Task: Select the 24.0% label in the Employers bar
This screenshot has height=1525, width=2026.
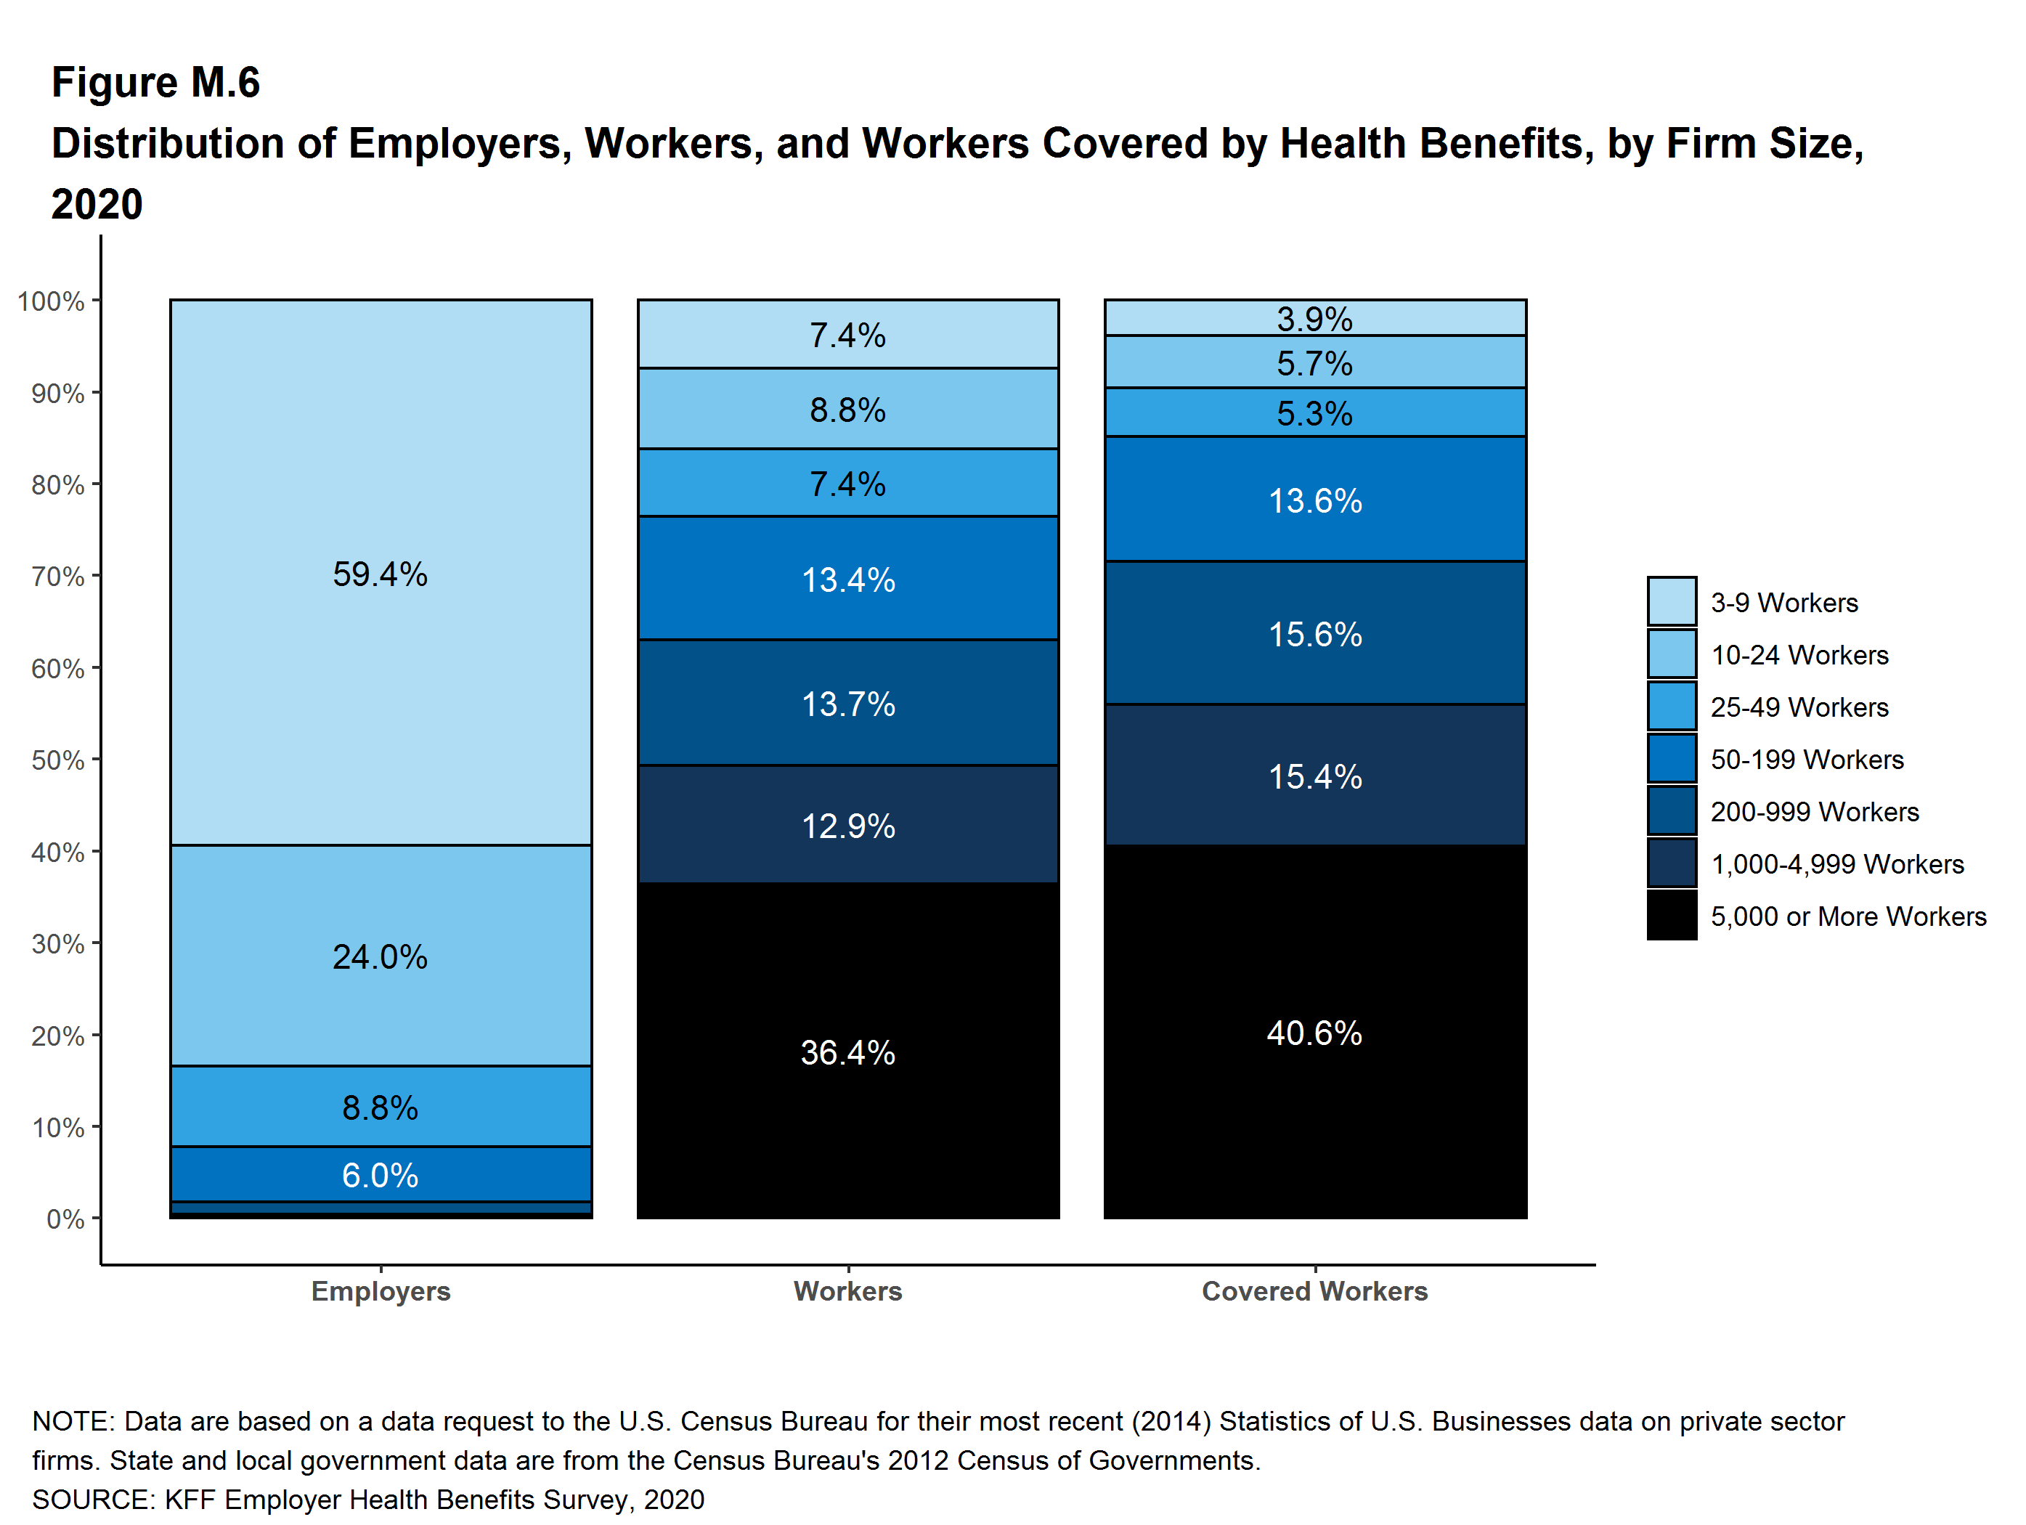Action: click(x=380, y=957)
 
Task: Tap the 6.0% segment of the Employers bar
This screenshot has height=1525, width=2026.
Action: click(x=380, y=1174)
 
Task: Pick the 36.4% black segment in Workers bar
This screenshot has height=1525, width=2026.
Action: click(x=848, y=1052)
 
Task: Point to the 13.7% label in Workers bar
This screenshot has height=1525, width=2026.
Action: click(x=848, y=704)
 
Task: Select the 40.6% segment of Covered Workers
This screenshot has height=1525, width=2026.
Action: click(x=1315, y=1032)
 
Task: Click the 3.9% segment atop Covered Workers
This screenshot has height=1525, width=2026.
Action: click(x=1315, y=318)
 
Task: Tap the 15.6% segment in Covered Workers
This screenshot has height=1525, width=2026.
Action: click(x=1315, y=634)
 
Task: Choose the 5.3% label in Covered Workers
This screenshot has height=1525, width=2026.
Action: click(x=1315, y=414)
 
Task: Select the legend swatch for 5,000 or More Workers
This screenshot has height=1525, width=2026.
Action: click(x=1672, y=916)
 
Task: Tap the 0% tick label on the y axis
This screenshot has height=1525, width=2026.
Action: click(x=66, y=1219)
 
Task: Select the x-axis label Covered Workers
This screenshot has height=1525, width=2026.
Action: click(x=1314, y=1290)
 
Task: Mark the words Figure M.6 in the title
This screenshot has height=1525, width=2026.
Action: click(x=155, y=83)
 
